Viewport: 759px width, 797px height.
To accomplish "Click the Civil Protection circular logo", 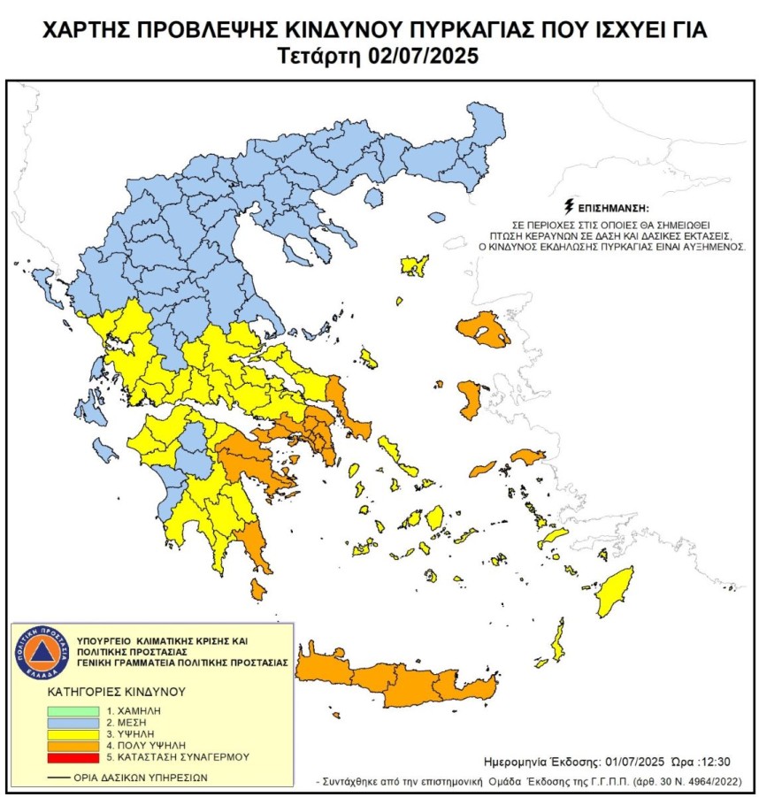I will pyautogui.click(x=40, y=655).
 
